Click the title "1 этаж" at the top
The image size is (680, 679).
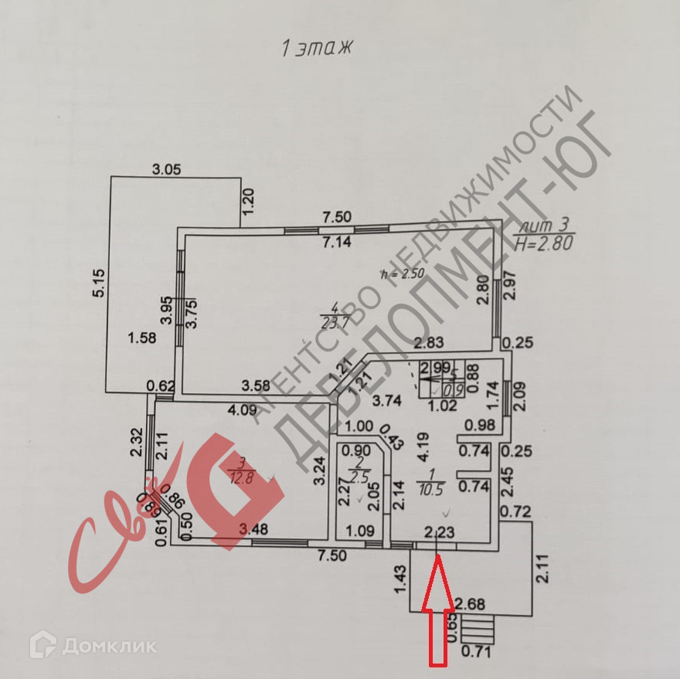point(316,48)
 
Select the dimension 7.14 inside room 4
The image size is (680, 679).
point(336,242)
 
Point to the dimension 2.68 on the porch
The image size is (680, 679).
point(470,603)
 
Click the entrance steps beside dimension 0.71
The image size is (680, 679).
point(480,629)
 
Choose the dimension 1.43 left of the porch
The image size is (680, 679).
point(399,579)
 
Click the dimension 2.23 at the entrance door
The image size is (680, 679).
point(438,531)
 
